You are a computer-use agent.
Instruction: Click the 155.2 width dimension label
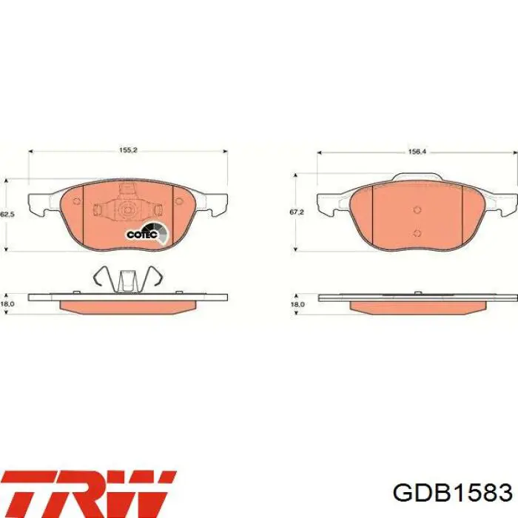[x=128, y=150]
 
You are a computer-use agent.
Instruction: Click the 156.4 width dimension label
[x=417, y=152]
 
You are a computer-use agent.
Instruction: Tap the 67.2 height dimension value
[x=296, y=212]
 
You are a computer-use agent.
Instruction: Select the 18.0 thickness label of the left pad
[x=7, y=304]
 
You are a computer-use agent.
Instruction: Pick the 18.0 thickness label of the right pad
[x=297, y=304]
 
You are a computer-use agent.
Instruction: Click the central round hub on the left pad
[x=127, y=209]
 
